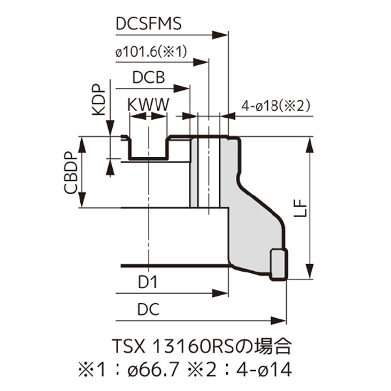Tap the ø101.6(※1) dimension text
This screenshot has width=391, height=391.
(151, 51)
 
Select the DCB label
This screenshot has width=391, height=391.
(147, 78)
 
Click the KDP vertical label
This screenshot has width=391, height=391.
(98, 100)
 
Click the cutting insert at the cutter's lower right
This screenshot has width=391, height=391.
(278, 263)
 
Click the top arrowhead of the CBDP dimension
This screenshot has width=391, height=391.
(82, 140)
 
